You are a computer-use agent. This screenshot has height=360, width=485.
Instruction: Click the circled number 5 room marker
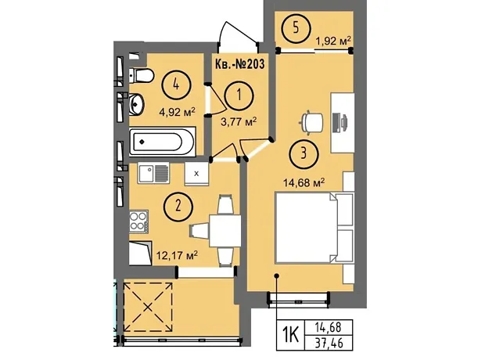[x=296, y=28]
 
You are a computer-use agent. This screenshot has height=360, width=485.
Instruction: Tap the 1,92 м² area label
[x=333, y=41]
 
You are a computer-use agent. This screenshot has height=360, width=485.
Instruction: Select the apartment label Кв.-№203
[x=239, y=64]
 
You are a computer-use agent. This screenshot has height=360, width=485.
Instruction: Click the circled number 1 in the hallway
[x=239, y=95]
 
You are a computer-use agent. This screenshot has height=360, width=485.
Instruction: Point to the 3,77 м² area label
[x=239, y=121]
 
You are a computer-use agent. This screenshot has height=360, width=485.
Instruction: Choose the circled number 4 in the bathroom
[x=176, y=85]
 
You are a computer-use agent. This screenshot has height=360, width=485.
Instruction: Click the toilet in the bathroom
[x=141, y=75]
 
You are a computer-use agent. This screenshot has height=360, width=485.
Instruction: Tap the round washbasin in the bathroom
[x=136, y=104]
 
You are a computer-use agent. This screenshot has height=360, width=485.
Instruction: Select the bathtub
[x=163, y=142]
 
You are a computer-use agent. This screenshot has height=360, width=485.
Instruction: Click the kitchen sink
[x=153, y=173]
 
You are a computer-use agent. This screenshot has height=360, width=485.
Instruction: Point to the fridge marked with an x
[x=196, y=174]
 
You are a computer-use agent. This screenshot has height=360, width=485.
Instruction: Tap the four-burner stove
[x=138, y=221]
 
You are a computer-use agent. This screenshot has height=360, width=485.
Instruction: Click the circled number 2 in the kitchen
[x=178, y=206]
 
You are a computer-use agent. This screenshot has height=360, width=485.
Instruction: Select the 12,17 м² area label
[x=178, y=256]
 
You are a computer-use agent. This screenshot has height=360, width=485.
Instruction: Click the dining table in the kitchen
[x=225, y=231]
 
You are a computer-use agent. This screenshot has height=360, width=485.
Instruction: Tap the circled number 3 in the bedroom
[x=304, y=153]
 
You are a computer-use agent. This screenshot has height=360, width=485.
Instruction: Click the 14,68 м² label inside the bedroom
[x=304, y=182]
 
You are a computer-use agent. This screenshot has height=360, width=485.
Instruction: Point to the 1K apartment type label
[x=290, y=335]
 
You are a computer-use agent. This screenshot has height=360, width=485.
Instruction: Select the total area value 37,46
[x=329, y=343]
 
